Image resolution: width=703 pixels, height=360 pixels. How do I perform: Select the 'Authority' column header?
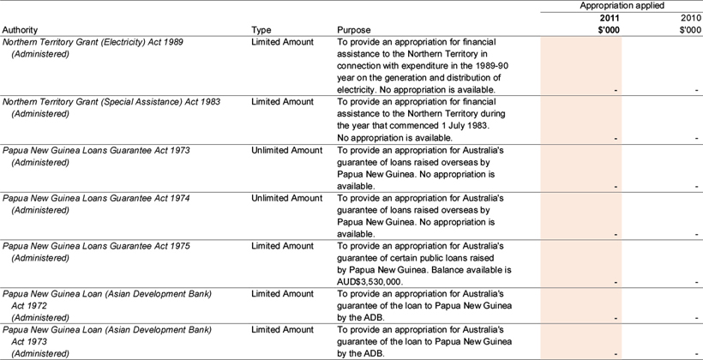21,29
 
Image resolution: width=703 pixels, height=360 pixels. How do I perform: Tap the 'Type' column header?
261,29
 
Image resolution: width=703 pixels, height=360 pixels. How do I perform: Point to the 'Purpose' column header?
355,29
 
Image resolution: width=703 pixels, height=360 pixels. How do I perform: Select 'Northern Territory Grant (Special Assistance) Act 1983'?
111,101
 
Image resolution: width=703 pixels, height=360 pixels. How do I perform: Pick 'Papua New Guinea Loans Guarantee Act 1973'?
96,150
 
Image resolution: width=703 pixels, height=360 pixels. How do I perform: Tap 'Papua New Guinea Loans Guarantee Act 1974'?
96,198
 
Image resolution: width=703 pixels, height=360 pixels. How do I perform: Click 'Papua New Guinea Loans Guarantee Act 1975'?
96,246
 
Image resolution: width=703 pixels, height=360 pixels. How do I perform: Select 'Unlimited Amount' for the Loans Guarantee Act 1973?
287,150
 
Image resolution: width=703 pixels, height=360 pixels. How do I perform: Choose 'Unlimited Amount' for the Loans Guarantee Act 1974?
287,198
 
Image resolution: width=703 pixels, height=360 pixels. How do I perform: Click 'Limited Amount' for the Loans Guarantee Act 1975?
282,246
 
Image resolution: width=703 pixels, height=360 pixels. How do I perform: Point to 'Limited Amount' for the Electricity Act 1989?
282,41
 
